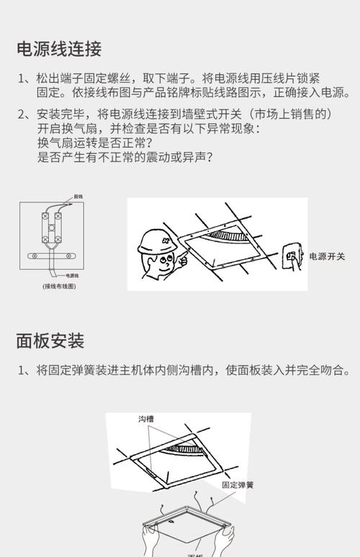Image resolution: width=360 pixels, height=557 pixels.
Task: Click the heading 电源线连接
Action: [x=59, y=49]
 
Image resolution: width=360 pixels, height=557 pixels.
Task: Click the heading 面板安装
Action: [x=50, y=340]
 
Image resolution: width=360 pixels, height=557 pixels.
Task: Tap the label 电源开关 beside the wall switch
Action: [x=327, y=256]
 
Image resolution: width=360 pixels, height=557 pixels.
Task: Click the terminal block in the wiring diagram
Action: [x=53, y=225]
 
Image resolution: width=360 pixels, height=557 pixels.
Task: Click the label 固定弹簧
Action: [x=238, y=485]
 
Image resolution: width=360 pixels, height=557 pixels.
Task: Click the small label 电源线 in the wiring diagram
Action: [x=73, y=275]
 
